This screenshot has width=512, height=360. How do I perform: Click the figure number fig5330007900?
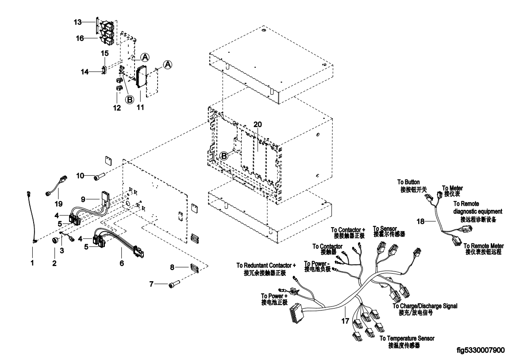click(x=481, y=351)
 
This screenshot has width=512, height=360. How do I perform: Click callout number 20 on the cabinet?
click(x=258, y=124)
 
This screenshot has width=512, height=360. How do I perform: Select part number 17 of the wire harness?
click(x=345, y=321)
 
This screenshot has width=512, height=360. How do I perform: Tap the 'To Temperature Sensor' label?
click(x=407, y=338)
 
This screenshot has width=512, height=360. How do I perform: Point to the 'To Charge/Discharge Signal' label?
click(x=425, y=306)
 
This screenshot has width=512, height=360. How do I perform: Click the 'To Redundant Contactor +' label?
click(x=266, y=266)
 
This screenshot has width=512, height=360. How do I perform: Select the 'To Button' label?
click(x=408, y=182)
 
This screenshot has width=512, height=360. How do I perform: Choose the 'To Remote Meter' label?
click(x=484, y=246)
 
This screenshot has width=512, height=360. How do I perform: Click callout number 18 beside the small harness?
click(x=420, y=221)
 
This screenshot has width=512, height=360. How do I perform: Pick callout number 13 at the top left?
click(x=77, y=22)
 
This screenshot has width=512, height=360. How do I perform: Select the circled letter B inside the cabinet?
click(x=224, y=156)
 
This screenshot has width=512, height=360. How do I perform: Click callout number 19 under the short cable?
click(x=58, y=204)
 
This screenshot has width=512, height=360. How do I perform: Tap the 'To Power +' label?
click(x=272, y=296)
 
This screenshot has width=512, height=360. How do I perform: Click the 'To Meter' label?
click(x=452, y=188)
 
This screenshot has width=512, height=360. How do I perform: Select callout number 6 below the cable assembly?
click(x=122, y=263)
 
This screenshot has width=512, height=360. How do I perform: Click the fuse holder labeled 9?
click(x=106, y=198)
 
